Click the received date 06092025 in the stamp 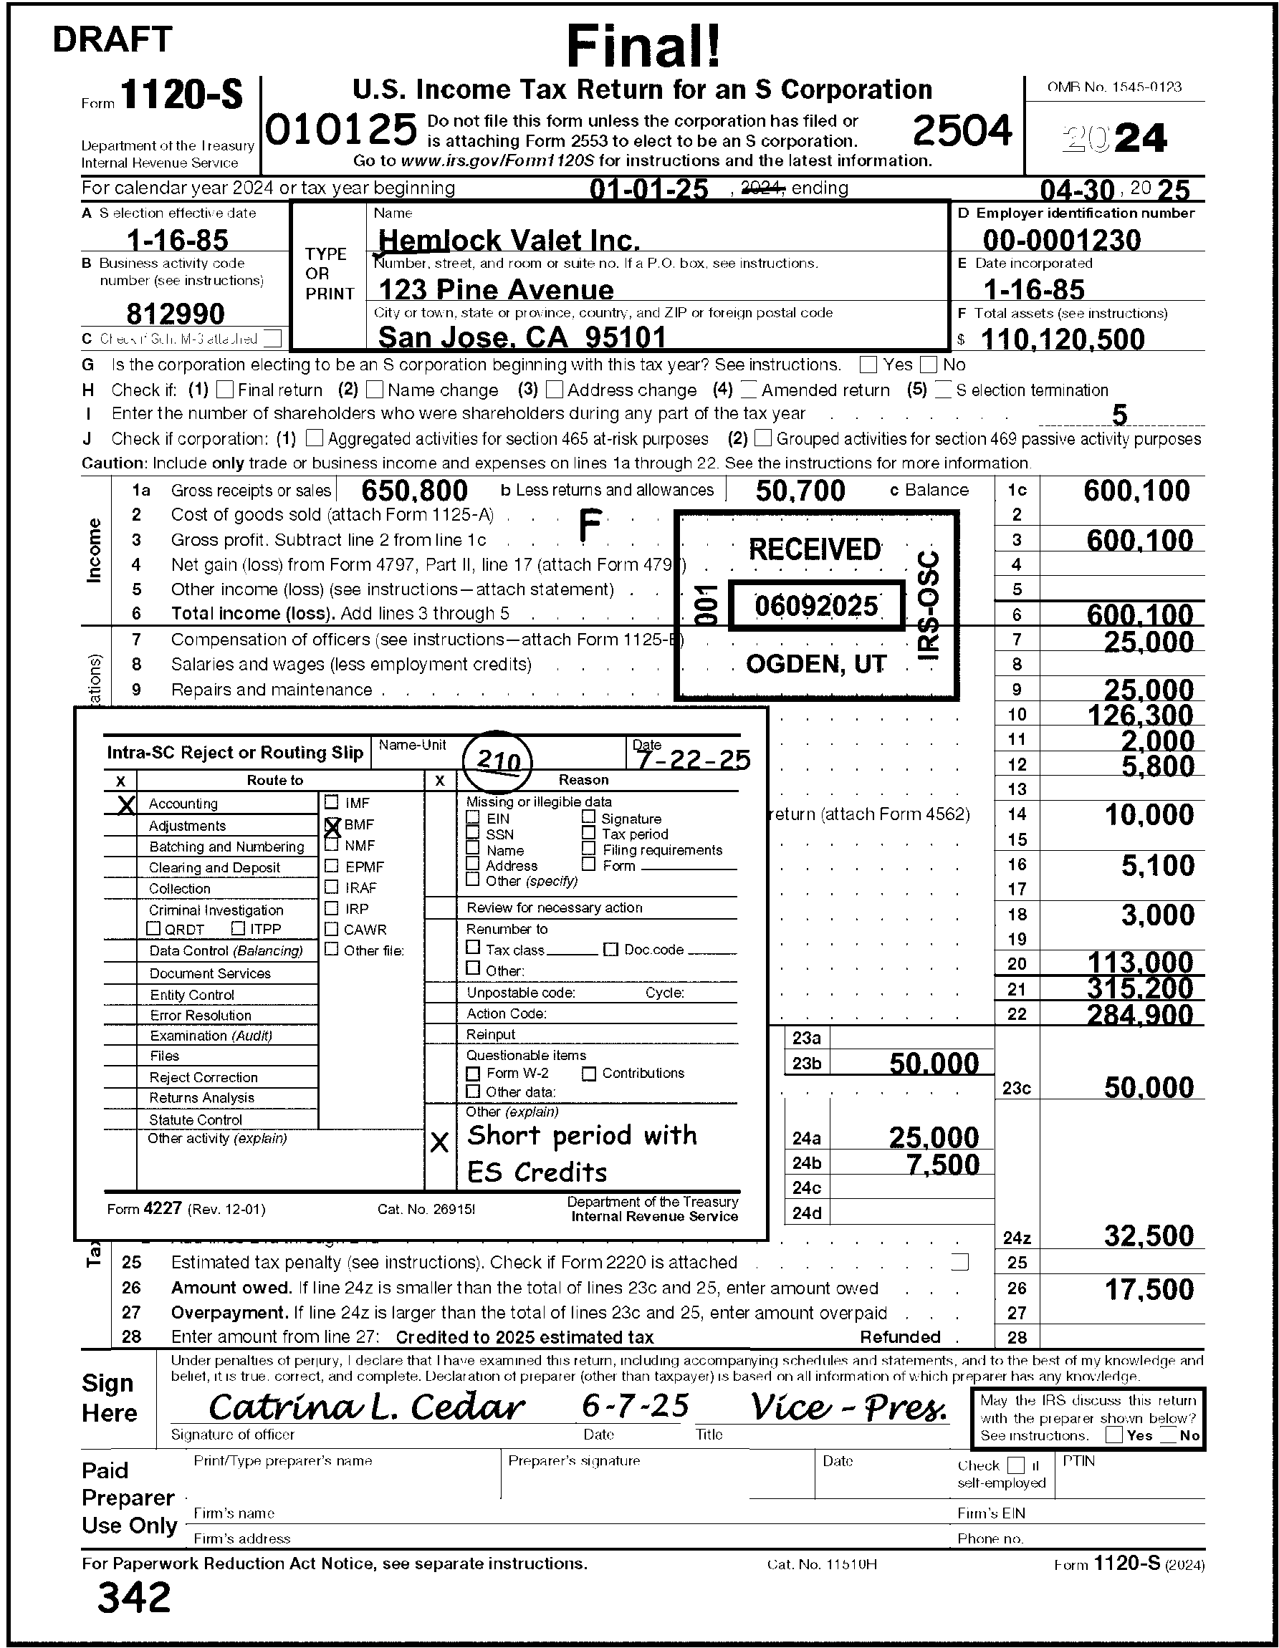pos(816,606)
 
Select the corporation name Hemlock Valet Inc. pos(508,241)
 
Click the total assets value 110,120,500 pos(1062,339)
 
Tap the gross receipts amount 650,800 pos(414,491)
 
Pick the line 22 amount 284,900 pos(1139,1014)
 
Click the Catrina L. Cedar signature pos(366,1407)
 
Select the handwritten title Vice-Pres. pos(848,1407)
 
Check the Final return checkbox pos(224,390)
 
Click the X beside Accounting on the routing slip pos(126,804)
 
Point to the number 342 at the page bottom pos(135,1596)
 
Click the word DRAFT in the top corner pos(112,39)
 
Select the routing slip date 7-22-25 pos(693,759)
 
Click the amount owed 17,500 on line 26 pos(1149,1290)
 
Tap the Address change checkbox pos(554,390)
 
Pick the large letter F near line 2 pos(590,525)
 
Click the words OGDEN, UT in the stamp pos(815,664)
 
